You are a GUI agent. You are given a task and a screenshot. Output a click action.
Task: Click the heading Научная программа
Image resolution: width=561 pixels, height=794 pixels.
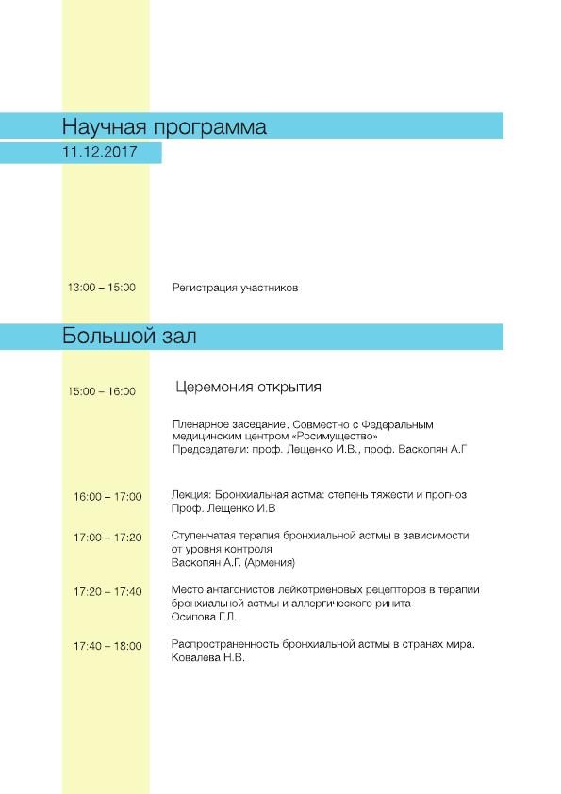click(x=164, y=126)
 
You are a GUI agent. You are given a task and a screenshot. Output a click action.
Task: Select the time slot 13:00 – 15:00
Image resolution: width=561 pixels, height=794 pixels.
click(x=102, y=288)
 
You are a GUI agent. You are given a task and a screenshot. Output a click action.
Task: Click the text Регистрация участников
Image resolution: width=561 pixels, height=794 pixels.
click(x=236, y=288)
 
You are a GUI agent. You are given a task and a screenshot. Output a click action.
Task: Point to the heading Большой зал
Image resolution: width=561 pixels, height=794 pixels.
click(x=129, y=336)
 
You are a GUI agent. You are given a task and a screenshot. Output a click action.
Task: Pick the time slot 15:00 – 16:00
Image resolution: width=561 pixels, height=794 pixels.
click(x=102, y=391)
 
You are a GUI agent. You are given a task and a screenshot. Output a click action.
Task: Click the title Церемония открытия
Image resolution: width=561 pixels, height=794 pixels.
click(x=249, y=387)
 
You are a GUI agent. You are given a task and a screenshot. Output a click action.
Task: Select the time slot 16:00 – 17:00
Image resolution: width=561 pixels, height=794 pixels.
click(x=107, y=496)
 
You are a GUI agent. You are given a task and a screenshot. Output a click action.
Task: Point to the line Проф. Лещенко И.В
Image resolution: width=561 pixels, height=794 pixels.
click(x=223, y=508)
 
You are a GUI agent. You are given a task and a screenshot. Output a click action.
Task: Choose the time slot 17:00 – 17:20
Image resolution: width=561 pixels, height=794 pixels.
click(x=107, y=538)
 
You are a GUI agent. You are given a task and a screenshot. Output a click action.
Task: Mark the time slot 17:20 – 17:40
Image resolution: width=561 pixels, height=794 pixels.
click(x=107, y=591)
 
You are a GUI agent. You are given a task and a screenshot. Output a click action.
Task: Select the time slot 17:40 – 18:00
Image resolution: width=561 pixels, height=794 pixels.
click(x=107, y=646)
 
